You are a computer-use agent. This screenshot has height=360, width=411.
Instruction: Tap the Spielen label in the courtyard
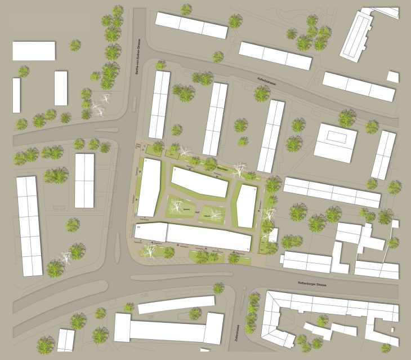[x=186, y=210]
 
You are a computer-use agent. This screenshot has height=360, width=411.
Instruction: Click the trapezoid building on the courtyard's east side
[x=246, y=206]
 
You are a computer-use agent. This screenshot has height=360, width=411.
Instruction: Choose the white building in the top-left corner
[x=34, y=51]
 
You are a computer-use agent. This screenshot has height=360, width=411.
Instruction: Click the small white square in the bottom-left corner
[x=66, y=340]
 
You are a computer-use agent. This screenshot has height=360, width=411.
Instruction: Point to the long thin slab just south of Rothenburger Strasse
[x=176, y=304]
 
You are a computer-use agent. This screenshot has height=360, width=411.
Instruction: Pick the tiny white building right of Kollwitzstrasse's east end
[x=393, y=77]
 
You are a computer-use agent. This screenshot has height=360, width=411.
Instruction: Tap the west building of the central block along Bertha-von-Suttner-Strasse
[x=149, y=187]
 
